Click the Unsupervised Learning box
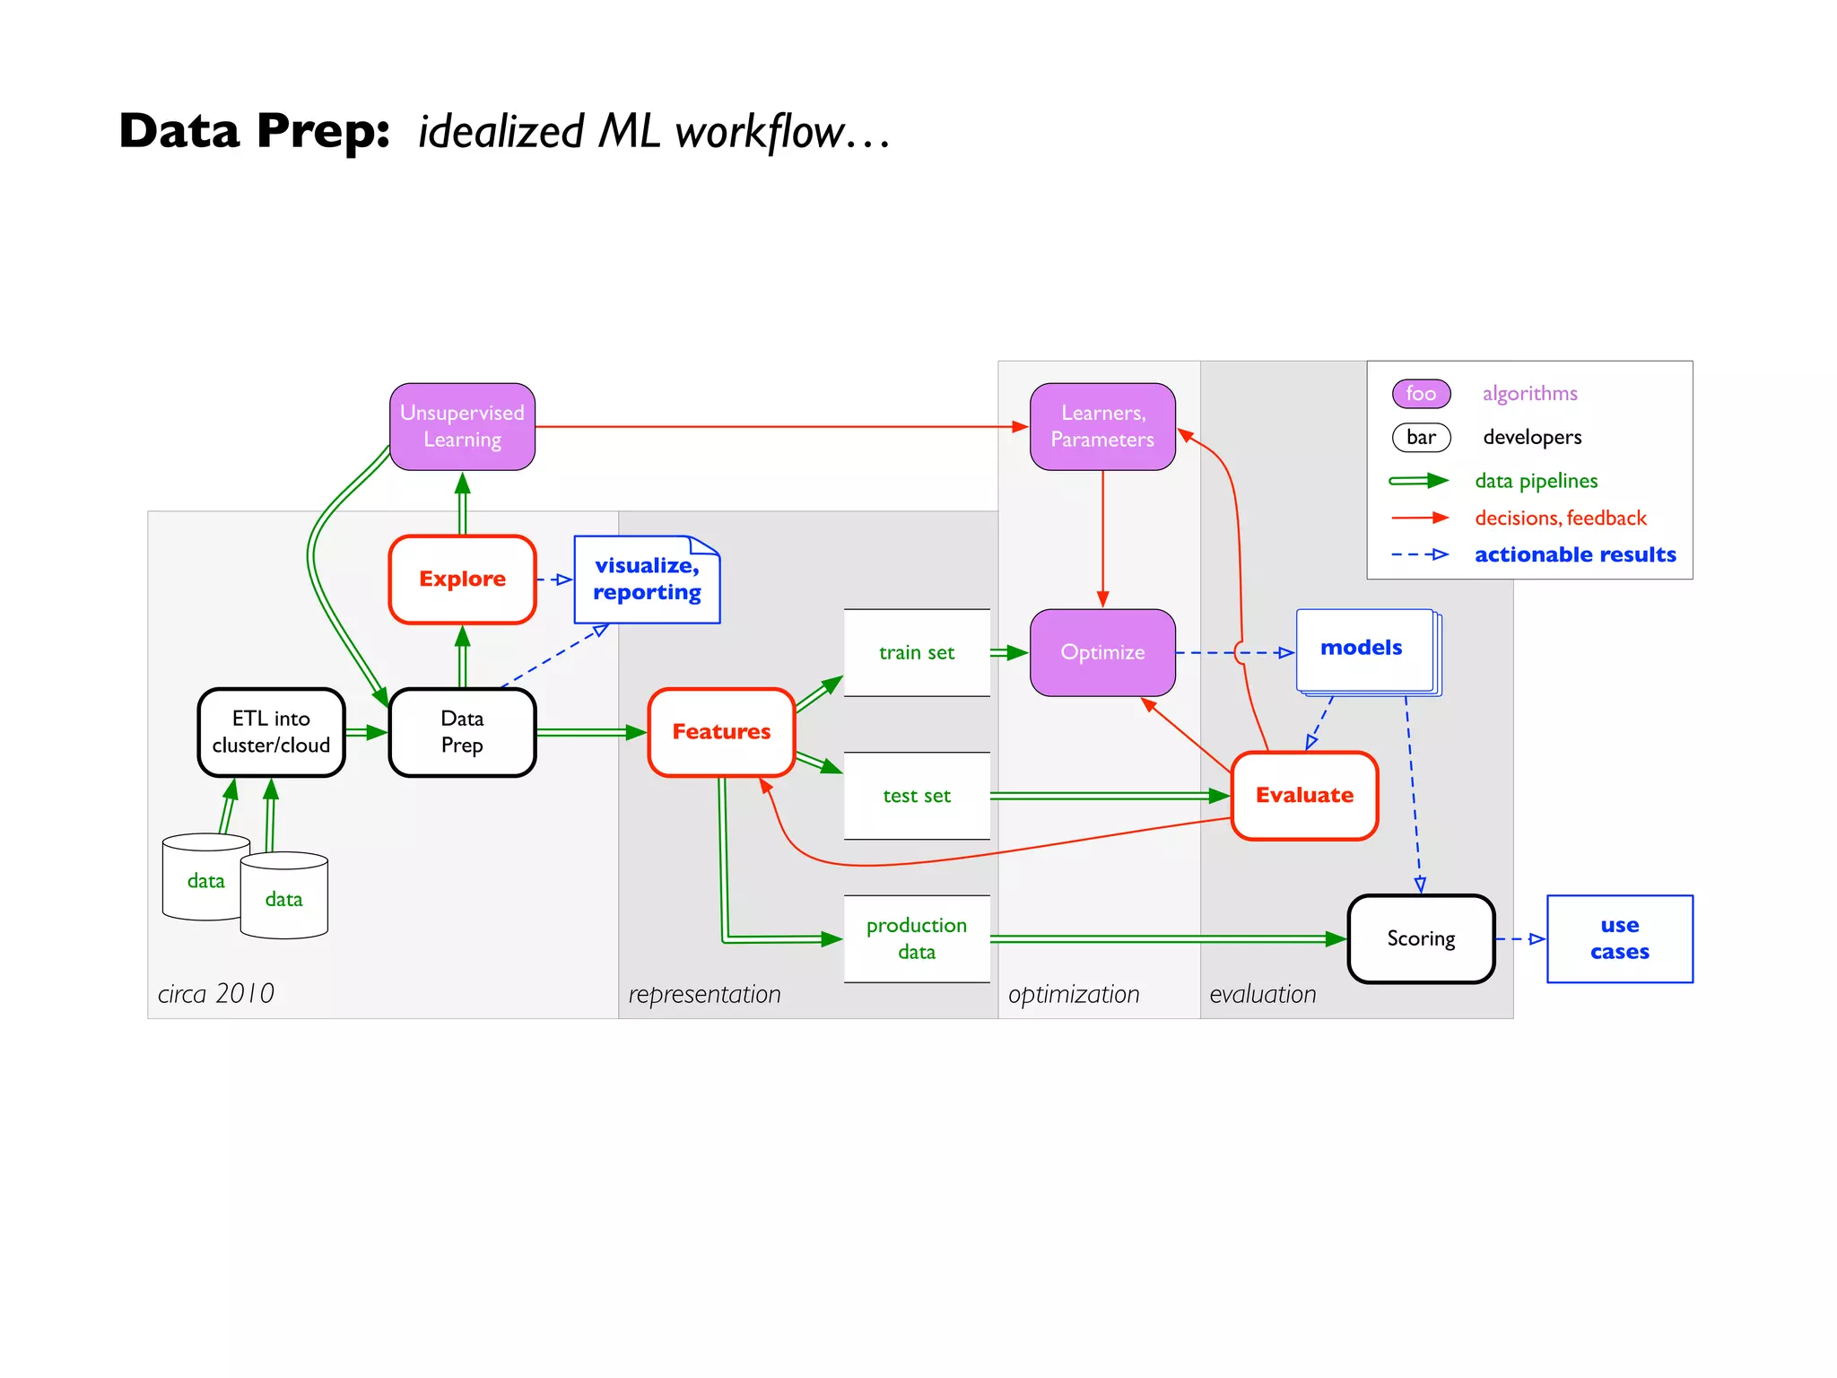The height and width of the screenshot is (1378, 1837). click(462, 426)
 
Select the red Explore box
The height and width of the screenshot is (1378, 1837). click(462, 580)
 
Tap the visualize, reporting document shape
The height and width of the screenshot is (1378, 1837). click(647, 580)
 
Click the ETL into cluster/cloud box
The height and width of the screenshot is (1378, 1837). click(271, 732)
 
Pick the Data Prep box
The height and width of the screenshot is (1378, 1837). click(462, 732)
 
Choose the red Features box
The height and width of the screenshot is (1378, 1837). click(721, 732)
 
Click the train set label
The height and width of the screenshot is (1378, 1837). click(916, 653)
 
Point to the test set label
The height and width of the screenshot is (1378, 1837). click(916, 796)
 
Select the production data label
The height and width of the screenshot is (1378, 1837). click(916, 938)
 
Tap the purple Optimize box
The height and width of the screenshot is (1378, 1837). click(1102, 653)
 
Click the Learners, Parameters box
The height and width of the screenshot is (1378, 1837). click(1102, 426)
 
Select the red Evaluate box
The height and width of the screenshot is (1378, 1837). click(1304, 796)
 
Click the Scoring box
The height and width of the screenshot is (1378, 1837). click(1421, 938)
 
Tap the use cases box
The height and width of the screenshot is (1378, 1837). click(1619, 938)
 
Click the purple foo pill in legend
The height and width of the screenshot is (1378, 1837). click(1421, 393)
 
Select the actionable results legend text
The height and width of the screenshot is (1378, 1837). click(1575, 555)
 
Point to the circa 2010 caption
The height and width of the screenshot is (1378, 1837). click(216, 994)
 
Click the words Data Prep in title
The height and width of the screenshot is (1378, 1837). click(255, 131)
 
